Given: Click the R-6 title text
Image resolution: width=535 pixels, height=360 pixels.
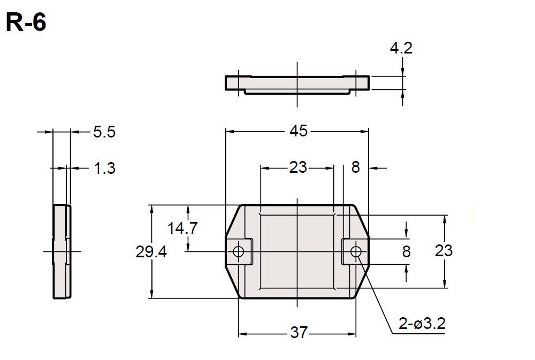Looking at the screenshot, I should pyautogui.click(x=26, y=22).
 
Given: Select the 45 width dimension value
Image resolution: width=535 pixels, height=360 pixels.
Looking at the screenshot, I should pyautogui.click(x=299, y=131).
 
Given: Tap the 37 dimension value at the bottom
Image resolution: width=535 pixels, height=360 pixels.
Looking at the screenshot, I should pyautogui.click(x=299, y=333).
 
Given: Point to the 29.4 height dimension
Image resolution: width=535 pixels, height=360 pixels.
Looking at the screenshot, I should pyautogui.click(x=151, y=252).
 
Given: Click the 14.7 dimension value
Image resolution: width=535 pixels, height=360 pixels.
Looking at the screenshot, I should pyautogui.click(x=182, y=228).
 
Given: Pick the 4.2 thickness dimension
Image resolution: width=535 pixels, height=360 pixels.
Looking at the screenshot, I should pyautogui.click(x=401, y=48).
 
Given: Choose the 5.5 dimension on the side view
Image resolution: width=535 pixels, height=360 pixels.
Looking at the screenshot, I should pyautogui.click(x=104, y=132).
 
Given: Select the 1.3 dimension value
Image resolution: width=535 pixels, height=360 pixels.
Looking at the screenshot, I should pyautogui.click(x=104, y=168).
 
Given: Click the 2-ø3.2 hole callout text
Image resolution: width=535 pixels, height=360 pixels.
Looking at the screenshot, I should pyautogui.click(x=422, y=324).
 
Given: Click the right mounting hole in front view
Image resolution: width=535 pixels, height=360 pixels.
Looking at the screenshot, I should pyautogui.click(x=356, y=251).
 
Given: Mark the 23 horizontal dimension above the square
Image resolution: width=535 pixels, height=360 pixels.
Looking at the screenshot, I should pyautogui.click(x=298, y=167).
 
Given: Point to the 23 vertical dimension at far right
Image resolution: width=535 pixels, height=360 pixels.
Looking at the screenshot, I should pyautogui.click(x=444, y=250).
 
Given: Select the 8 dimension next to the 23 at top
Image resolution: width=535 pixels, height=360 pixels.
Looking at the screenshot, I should pyautogui.click(x=356, y=167).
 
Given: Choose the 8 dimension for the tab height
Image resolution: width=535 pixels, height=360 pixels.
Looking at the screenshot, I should pyautogui.click(x=407, y=251).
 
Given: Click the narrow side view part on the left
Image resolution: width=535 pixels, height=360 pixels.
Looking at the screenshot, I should pyautogui.click(x=61, y=251).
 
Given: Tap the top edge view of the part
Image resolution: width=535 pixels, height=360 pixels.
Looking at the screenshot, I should pyautogui.click(x=297, y=83).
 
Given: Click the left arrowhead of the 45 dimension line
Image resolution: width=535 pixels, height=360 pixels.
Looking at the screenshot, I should pyautogui.click(x=229, y=131).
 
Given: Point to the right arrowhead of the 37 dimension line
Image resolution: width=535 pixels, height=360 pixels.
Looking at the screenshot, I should pyautogui.click(x=353, y=333).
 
